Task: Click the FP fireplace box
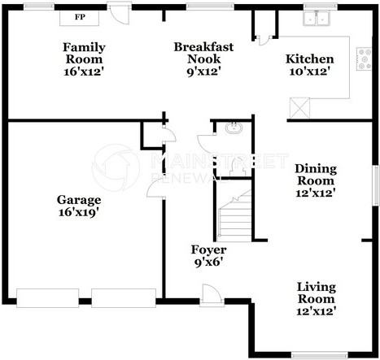pyautogui.click(x=80, y=16)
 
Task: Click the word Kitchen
pyautogui.click(x=309, y=59)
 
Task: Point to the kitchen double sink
pyautogui.click(x=318, y=18)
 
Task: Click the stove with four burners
pyautogui.click(x=361, y=59)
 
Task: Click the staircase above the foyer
pyautogui.click(x=234, y=213)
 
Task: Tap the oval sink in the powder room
pyautogui.click(x=234, y=128)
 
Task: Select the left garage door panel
pyautogui.click(x=48, y=297)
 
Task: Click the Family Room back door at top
pyautogui.click(x=120, y=14)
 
